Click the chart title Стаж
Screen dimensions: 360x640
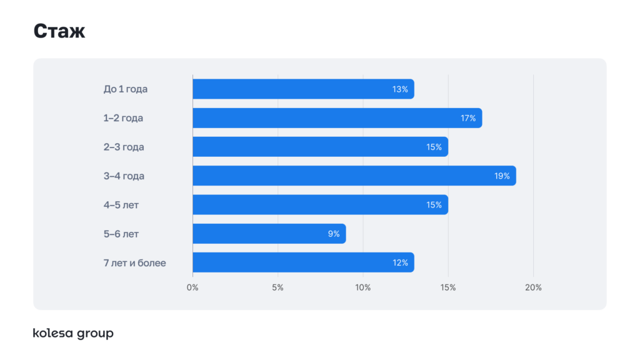(x=59, y=31)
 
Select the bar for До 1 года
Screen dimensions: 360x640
(x=303, y=89)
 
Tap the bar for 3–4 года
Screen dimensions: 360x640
(x=354, y=176)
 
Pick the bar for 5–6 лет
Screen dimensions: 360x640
(x=269, y=234)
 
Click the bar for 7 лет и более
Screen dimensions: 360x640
(x=303, y=262)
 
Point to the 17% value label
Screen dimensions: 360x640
(x=468, y=118)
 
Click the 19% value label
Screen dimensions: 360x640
(x=502, y=176)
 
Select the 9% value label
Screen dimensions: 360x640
(x=333, y=234)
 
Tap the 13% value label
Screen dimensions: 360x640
(x=400, y=89)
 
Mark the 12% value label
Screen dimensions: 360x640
(x=400, y=262)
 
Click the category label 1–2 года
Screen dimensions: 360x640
(x=123, y=118)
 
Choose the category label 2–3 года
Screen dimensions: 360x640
(x=124, y=147)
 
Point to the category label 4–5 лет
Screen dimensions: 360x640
(x=121, y=205)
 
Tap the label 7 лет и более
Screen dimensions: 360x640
(x=135, y=262)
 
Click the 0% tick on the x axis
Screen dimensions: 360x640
(x=192, y=287)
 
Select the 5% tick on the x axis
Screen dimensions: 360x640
(x=277, y=287)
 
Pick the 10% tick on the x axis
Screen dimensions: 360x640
(x=363, y=287)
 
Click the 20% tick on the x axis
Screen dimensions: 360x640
(x=533, y=287)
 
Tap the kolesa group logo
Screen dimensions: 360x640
(x=73, y=334)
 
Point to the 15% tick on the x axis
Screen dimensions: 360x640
(x=448, y=287)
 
